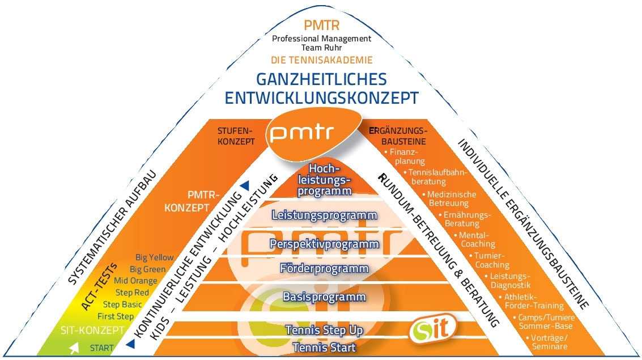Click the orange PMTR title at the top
321,26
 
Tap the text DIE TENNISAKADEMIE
321,60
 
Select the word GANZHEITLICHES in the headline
321,79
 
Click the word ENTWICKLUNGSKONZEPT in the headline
321,98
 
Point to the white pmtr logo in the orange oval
301,133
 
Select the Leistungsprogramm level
324,215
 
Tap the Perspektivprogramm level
324,244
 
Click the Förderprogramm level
324,268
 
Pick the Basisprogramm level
324,297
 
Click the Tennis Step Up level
324,330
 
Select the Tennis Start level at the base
324,348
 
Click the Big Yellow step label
155,258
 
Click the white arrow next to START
74,349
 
